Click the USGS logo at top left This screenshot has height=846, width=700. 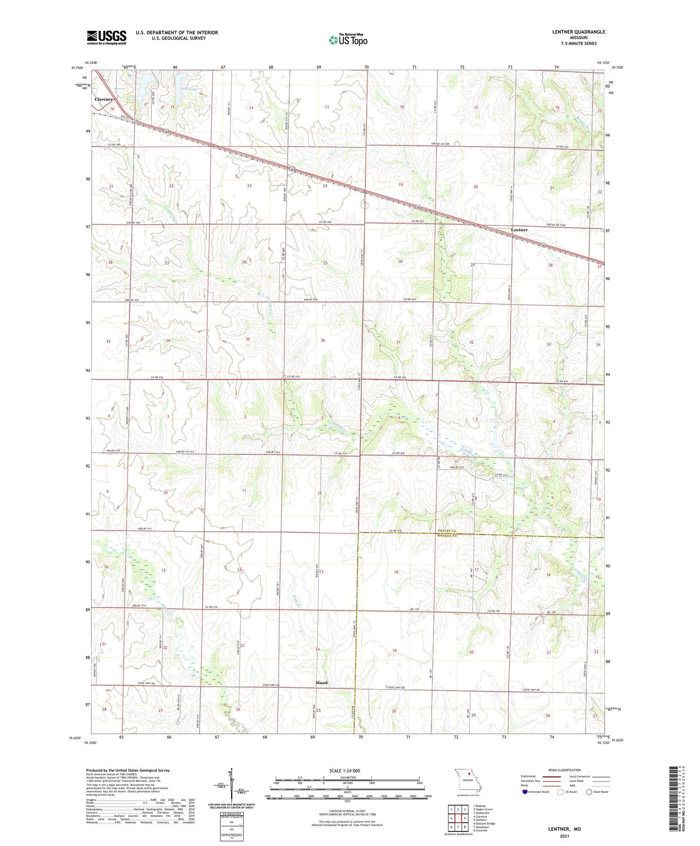point(106,37)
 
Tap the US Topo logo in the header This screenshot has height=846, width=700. point(347,40)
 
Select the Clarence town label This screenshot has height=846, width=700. point(104,99)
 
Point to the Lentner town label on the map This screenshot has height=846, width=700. point(519,230)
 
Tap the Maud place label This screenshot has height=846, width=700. point(321,683)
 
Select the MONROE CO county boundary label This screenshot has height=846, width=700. point(447,536)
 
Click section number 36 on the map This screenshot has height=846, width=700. point(323,340)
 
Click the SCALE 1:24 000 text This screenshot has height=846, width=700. point(344,771)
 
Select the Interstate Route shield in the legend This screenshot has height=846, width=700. point(525,792)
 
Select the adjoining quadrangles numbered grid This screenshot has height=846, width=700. point(458,819)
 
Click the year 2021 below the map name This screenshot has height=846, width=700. point(564,836)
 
